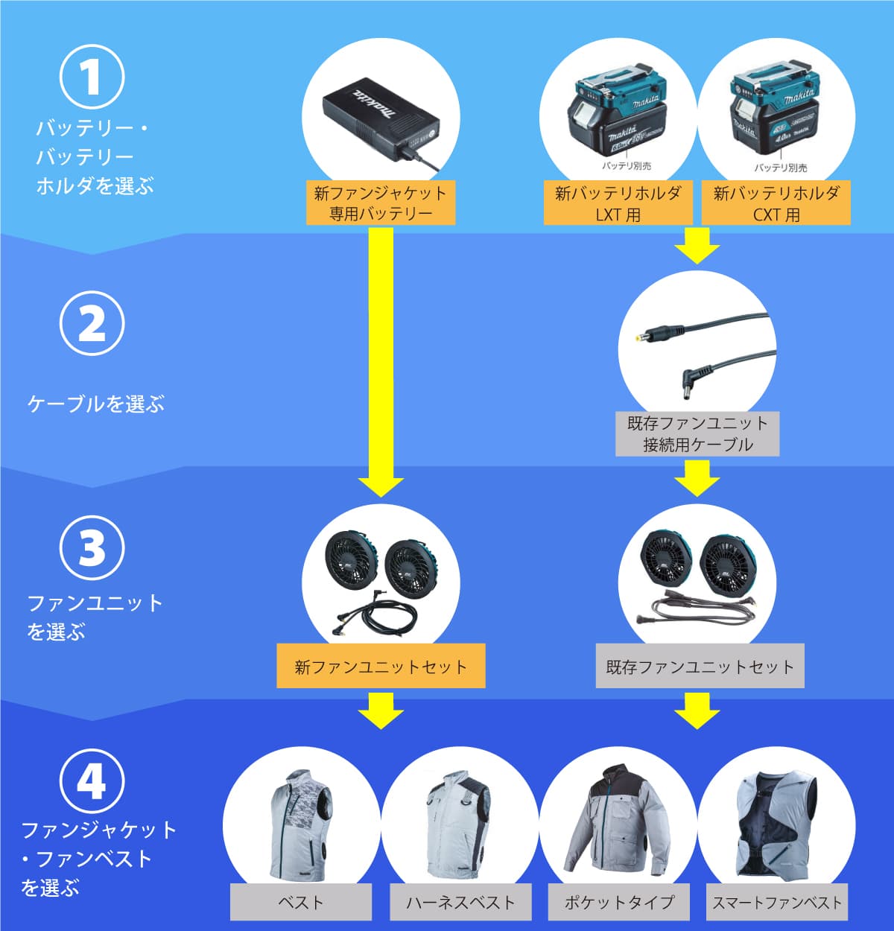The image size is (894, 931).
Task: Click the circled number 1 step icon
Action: point(92,77)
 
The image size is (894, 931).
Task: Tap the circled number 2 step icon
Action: point(92,323)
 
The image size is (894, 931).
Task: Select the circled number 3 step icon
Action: point(92,548)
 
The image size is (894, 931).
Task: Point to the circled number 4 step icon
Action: point(92,781)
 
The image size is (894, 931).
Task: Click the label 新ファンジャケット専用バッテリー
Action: point(380,203)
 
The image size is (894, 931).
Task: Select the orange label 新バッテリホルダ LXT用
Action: point(618,203)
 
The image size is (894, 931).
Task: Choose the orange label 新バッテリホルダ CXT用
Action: point(776,203)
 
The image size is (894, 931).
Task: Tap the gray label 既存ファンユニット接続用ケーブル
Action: point(697,433)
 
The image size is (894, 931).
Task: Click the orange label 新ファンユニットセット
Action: point(381,666)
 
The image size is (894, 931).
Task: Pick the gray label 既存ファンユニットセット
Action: point(700,666)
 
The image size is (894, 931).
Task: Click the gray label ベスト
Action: point(301,902)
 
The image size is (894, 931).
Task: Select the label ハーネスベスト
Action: point(460,902)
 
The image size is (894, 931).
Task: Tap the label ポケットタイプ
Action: point(618,902)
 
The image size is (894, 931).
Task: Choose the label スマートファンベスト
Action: point(776,902)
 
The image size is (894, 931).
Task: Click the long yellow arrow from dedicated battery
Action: point(381,358)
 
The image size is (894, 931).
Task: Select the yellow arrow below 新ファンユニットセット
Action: point(381,710)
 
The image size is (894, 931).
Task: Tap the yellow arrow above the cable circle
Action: point(697,246)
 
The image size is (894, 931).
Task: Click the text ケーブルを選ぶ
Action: point(95,404)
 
